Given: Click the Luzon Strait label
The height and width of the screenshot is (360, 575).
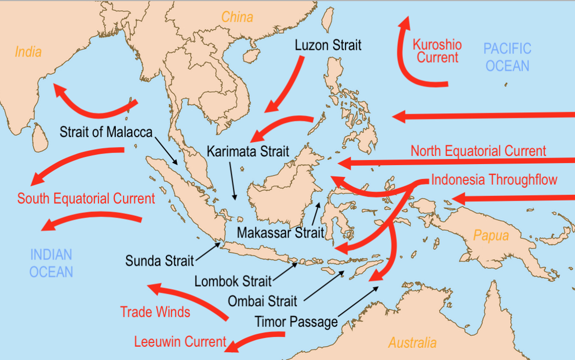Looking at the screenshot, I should pyautogui.click(x=328, y=45).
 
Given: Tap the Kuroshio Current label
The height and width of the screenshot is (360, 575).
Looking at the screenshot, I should pyautogui.click(x=437, y=51).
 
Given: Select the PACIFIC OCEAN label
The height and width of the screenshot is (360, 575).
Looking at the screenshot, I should pyautogui.click(x=507, y=57).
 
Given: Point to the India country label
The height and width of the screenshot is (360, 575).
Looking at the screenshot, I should pyautogui.click(x=28, y=52).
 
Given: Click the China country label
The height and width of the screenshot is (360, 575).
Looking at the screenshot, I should pyautogui.click(x=237, y=17).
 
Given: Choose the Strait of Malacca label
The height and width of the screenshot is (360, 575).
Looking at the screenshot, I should pyautogui.click(x=106, y=132).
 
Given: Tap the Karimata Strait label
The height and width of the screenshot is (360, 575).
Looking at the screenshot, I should pyautogui.click(x=248, y=152).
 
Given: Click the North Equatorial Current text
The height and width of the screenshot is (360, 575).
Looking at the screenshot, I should pyautogui.click(x=478, y=151).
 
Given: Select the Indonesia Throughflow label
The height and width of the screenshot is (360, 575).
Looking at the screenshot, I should pyautogui.click(x=494, y=180).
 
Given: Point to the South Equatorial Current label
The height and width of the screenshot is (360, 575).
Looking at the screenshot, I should pyautogui.click(x=86, y=198).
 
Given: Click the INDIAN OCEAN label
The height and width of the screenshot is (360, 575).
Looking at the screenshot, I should pyautogui.click(x=51, y=263).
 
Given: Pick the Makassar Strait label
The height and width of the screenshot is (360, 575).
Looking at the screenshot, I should pyautogui.click(x=280, y=233).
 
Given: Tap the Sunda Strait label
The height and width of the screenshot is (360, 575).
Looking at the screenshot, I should pyautogui.click(x=160, y=261).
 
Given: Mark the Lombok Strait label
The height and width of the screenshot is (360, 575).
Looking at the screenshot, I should pyautogui.click(x=233, y=281).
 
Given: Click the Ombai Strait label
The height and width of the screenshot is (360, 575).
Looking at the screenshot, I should pyautogui.click(x=262, y=301).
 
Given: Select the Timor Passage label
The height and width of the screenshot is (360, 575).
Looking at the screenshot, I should pyautogui.click(x=296, y=322).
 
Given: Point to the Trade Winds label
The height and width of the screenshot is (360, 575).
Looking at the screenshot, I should pyautogui.click(x=155, y=311).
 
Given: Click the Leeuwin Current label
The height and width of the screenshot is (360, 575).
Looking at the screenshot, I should pyautogui.click(x=180, y=342).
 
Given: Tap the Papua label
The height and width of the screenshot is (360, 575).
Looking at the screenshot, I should pyautogui.click(x=491, y=235).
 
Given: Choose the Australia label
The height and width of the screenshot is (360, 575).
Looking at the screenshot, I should pyautogui.click(x=413, y=343).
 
